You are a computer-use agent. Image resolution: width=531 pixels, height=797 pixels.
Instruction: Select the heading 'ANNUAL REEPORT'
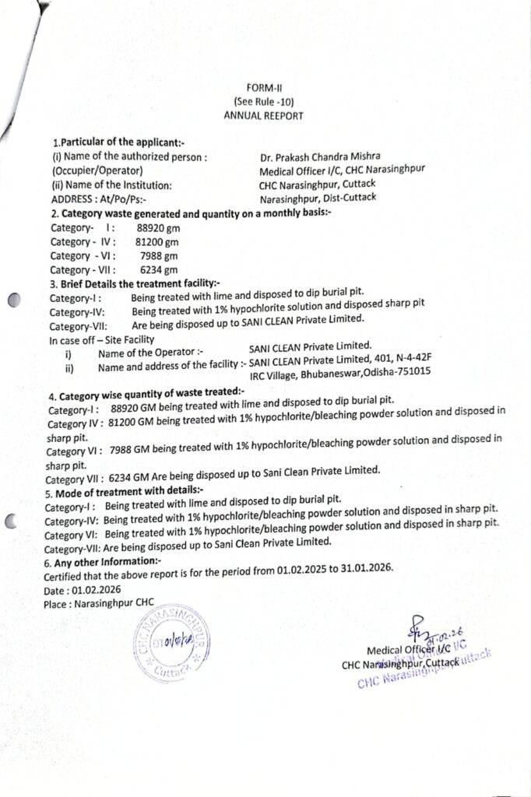tap(263, 116)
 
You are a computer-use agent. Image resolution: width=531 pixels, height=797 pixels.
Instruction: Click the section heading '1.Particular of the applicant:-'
tap(118, 142)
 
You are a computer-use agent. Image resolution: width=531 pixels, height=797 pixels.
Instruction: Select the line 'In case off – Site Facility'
tap(101, 339)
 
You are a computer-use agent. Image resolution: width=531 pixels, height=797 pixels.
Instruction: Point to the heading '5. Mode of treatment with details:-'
tap(124, 491)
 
